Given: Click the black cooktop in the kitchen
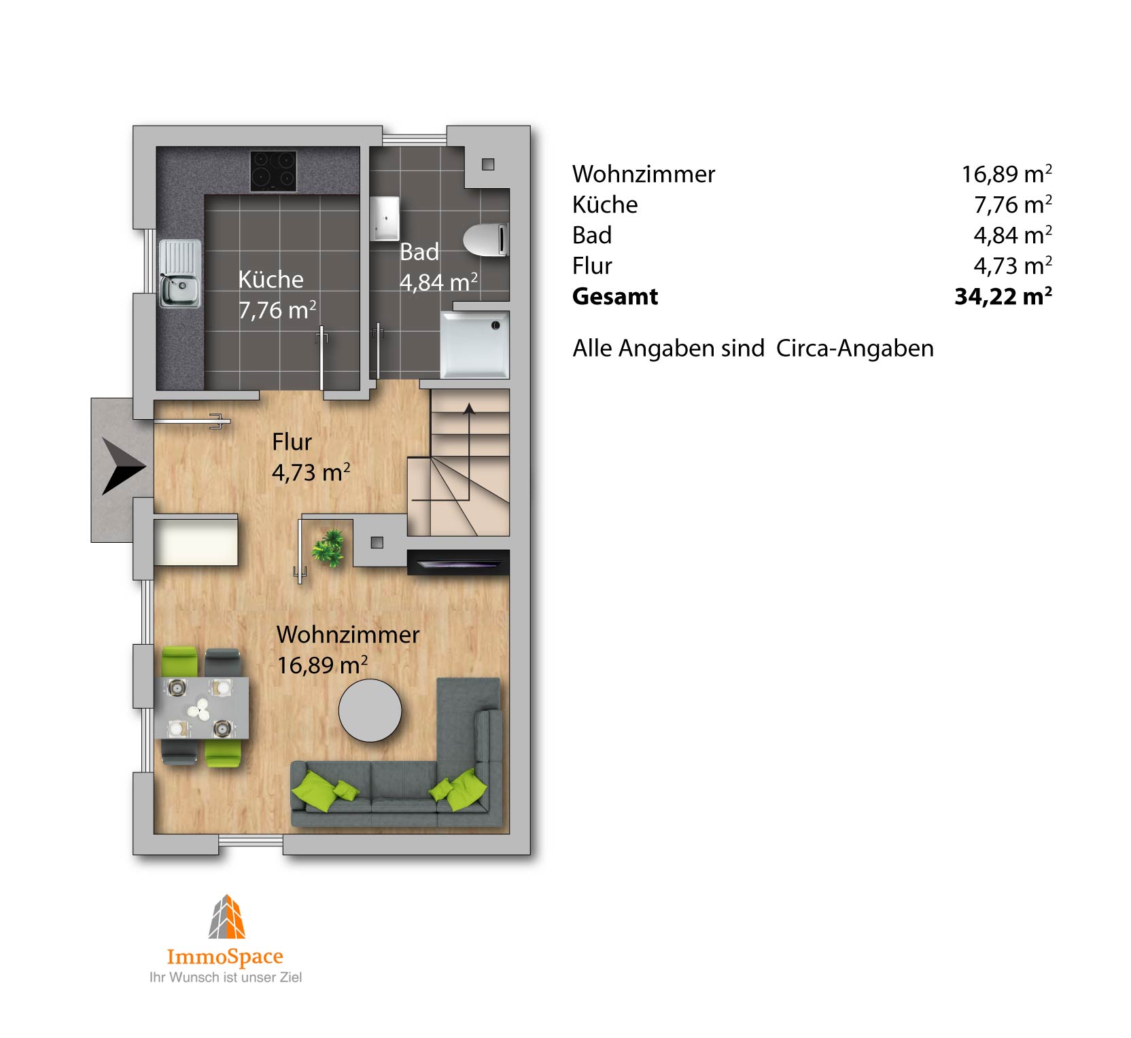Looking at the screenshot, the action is click(x=273, y=171).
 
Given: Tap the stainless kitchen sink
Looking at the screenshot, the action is click(x=180, y=273).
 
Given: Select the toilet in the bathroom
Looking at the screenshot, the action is click(x=485, y=239).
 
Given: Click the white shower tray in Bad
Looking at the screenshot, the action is click(x=474, y=344).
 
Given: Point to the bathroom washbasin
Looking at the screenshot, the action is click(x=384, y=219).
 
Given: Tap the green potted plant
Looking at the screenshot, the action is click(x=329, y=548).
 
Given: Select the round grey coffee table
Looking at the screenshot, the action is click(x=370, y=711).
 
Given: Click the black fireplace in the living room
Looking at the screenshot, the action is click(x=457, y=562).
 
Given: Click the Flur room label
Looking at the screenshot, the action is click(x=292, y=442).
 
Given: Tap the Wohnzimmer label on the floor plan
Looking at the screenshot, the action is click(x=347, y=634).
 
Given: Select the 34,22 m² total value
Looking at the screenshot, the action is click(x=1003, y=296).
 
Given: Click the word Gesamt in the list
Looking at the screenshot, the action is click(x=615, y=296).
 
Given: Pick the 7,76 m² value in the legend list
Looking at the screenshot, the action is click(x=1013, y=204).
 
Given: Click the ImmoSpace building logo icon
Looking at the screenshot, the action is click(x=227, y=917).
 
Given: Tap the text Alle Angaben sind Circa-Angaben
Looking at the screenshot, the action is click(x=753, y=348).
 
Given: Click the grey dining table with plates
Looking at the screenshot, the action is click(x=201, y=708).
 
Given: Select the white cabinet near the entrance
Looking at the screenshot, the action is click(x=196, y=541).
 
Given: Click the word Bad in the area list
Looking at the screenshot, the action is click(x=592, y=235).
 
